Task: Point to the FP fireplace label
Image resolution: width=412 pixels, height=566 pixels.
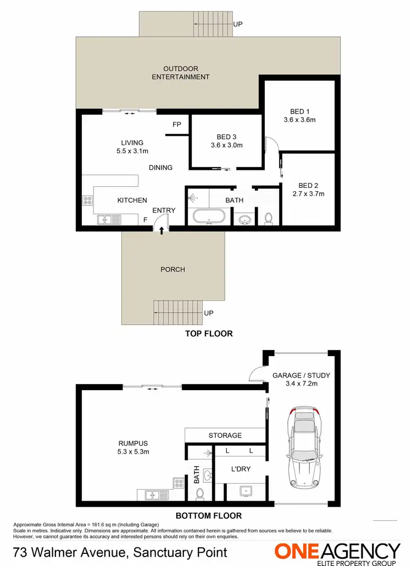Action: point(176,125)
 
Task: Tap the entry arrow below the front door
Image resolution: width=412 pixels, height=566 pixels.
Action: point(161,231)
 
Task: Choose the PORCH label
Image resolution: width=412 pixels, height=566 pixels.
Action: point(172,269)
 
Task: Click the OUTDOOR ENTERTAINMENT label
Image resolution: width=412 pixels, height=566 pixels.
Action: point(181,73)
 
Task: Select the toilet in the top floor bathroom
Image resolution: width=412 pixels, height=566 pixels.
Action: point(269,218)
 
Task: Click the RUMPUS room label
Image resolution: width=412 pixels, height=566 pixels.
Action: point(133,443)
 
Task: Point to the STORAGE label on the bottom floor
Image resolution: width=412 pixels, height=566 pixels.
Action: point(225,435)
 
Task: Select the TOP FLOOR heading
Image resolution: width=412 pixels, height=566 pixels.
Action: point(208,334)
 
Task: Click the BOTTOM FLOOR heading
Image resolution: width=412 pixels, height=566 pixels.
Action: point(208,515)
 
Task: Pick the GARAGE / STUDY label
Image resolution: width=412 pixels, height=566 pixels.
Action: point(301,375)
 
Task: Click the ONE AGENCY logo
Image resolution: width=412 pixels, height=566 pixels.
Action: point(337,551)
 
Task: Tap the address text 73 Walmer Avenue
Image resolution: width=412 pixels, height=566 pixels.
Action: point(66,551)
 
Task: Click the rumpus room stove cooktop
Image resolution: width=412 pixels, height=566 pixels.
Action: point(179,483)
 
